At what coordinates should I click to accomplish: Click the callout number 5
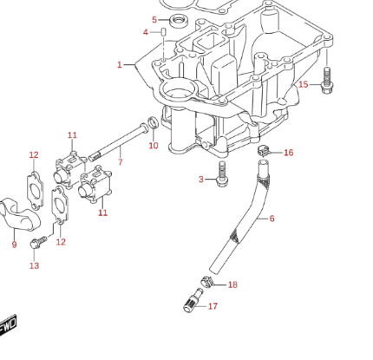(x=154, y=20)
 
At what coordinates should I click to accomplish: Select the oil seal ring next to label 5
(x=179, y=21)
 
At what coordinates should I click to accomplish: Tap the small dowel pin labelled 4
(x=163, y=31)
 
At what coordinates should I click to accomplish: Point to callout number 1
(x=120, y=65)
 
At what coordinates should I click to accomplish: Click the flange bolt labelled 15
(x=327, y=80)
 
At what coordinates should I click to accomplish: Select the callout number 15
(x=304, y=84)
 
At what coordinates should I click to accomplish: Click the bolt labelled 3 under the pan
(x=222, y=174)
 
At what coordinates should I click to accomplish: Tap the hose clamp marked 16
(x=264, y=150)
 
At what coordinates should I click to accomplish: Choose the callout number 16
(x=289, y=153)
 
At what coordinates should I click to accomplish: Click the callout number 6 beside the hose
(x=272, y=219)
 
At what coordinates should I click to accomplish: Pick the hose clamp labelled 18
(x=206, y=281)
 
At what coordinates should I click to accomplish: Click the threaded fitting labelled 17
(x=193, y=301)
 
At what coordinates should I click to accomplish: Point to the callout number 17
(x=213, y=306)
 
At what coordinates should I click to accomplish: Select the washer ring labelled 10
(x=154, y=122)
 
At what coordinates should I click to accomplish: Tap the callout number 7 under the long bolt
(x=121, y=162)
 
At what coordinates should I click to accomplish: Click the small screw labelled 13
(x=38, y=242)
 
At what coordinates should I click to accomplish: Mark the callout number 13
(x=34, y=265)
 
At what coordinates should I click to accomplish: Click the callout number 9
(x=14, y=245)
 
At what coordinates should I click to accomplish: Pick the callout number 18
(x=232, y=285)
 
